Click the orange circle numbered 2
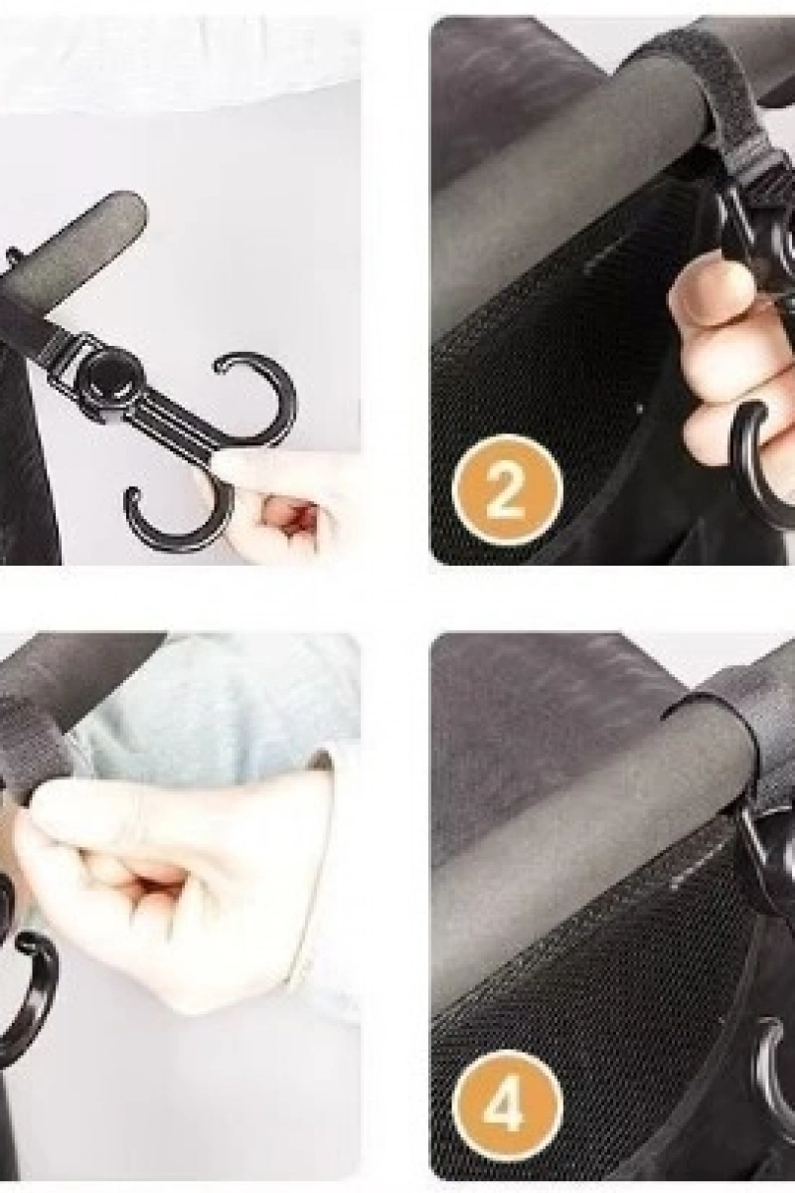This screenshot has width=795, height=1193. click(507, 489)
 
